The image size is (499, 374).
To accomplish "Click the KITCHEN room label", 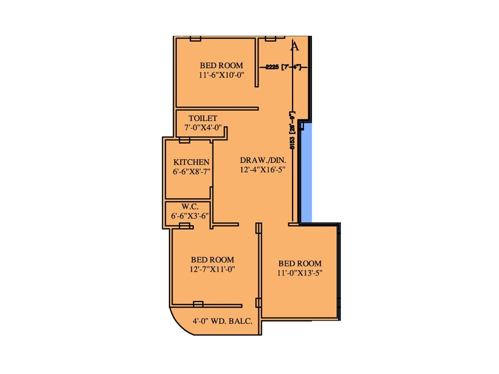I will coord(191,162).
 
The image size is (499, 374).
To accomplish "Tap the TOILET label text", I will coord(203,118).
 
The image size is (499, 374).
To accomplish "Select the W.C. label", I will coord(190,207).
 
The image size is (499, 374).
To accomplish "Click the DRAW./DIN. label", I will coord(263,160).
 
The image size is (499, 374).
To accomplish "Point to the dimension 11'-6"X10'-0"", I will coord(221,75).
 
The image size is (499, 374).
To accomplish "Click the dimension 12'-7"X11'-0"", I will coord(212,269).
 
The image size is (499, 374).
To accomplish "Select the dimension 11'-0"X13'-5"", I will coord(300,273).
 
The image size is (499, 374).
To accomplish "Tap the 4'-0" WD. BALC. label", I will coord(222,321).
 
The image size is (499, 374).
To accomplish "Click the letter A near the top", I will coord(295,46).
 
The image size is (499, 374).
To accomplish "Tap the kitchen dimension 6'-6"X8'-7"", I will coord(191,172).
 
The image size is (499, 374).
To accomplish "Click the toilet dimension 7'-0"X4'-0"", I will coord(203,128).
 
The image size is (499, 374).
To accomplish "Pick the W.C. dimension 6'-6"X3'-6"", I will coord(190,216).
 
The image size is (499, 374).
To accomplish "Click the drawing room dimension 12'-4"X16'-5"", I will coord(263,170).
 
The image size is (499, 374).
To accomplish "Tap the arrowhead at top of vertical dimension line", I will coord(292,41).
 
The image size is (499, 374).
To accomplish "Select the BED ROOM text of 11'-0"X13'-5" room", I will coord(300,264).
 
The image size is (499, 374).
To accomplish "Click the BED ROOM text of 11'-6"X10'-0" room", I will coord(221,66).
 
